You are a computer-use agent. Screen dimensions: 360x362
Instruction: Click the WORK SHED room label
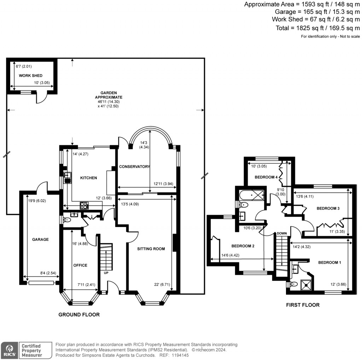pyautogui.click(x=31, y=76)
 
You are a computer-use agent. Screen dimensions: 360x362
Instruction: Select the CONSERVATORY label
pyautogui.click(x=134, y=167)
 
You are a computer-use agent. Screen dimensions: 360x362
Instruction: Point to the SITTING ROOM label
pyautogui.click(x=151, y=249)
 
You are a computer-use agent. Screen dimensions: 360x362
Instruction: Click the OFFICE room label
pyautogui.click(x=80, y=265)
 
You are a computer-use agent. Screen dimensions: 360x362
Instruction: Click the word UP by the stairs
pyautogui.click(x=106, y=273)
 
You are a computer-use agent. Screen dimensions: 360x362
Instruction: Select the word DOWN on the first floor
pyautogui.click(x=282, y=233)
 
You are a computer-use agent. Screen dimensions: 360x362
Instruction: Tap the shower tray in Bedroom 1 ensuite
pyautogui.click(x=305, y=284)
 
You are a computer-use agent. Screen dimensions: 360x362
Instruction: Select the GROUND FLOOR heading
pyautogui.click(x=79, y=314)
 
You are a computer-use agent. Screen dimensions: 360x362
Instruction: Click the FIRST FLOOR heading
pyautogui.click(x=303, y=305)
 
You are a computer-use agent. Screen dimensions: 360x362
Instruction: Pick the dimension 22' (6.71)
pyautogui.click(x=161, y=285)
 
